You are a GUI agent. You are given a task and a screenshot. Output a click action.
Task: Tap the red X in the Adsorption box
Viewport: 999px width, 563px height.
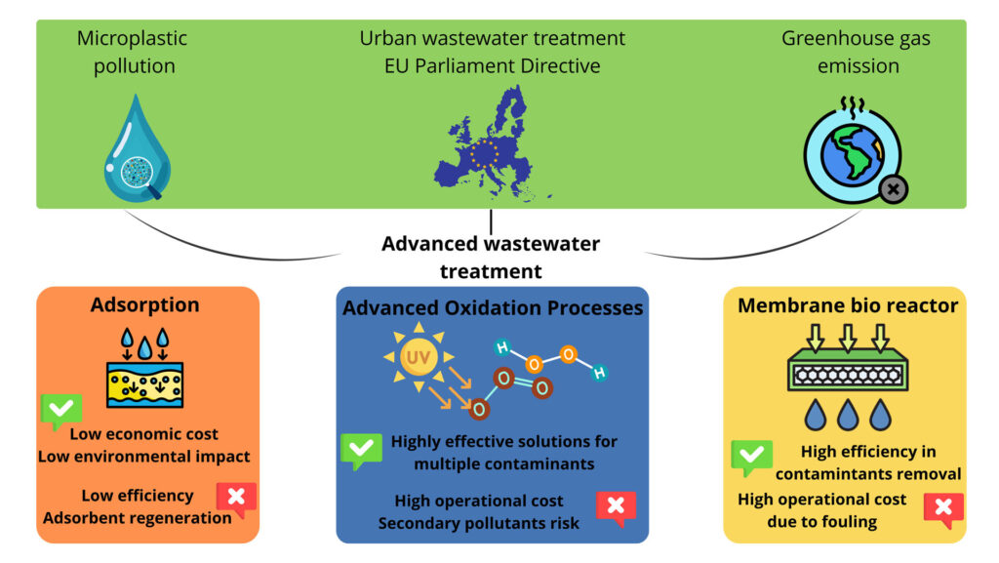coord(236,498)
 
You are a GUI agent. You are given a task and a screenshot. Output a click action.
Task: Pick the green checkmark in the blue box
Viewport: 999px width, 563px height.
coord(360,450)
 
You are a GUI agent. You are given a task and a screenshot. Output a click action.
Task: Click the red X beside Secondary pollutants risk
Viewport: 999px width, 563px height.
coord(616,506)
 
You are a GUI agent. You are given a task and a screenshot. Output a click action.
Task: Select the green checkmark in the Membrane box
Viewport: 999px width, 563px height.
coord(751,457)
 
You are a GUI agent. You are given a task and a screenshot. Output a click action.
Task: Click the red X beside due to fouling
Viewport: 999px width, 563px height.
coord(943,508)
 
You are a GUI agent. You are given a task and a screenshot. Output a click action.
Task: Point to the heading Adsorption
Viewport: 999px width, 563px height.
coord(145,304)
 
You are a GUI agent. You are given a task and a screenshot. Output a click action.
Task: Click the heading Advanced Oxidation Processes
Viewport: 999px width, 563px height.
coord(493,308)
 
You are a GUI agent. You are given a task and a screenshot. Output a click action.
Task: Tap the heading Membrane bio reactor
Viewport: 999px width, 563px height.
coord(848,305)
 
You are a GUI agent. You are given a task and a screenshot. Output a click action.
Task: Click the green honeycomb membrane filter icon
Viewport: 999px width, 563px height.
coord(848,373)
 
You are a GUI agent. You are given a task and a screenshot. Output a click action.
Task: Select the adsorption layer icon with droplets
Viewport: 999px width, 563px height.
coord(144,367)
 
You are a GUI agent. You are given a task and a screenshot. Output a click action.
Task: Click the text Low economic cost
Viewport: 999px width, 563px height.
coord(143,434)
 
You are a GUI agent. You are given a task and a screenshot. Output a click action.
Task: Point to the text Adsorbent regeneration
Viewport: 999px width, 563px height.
coord(138,517)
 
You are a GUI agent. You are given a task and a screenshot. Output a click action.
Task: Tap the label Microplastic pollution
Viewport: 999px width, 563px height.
coord(132,53)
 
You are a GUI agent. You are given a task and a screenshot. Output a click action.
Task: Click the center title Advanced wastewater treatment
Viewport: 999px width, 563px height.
coord(491,257)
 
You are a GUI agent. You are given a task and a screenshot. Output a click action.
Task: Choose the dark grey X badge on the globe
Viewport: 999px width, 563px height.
coord(892,188)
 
